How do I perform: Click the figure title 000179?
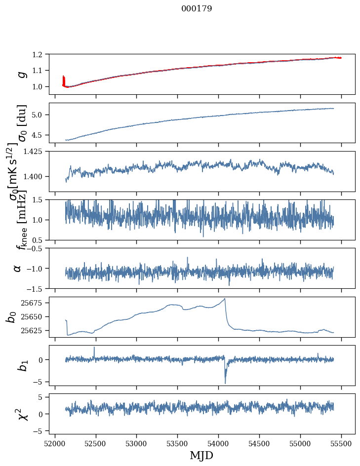tap(197, 8)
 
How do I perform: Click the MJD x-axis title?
tap(201, 455)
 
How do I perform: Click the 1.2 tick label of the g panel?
tap(40, 54)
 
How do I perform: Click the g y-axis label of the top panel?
tap(21, 74)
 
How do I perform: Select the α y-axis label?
tap(17, 268)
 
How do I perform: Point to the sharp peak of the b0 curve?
tap(225, 299)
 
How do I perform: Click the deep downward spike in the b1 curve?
tap(225, 383)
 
